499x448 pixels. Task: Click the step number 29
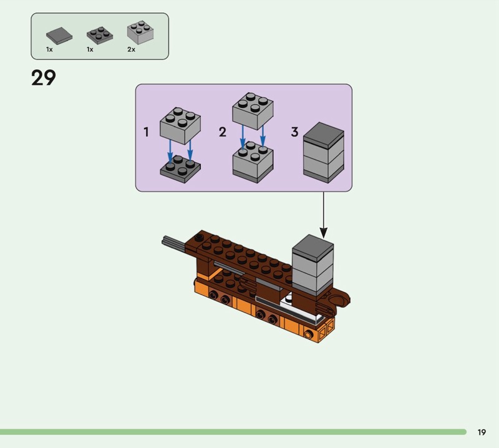44,78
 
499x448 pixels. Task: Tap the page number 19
482,432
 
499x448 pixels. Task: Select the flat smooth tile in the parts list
59,36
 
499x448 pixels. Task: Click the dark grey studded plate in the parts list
100,36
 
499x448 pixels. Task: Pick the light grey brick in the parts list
140,32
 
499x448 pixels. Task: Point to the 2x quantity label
131,49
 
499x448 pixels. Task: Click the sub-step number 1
146,132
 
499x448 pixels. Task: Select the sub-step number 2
223,132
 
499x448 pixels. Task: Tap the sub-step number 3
294,132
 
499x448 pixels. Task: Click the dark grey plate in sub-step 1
180,169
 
